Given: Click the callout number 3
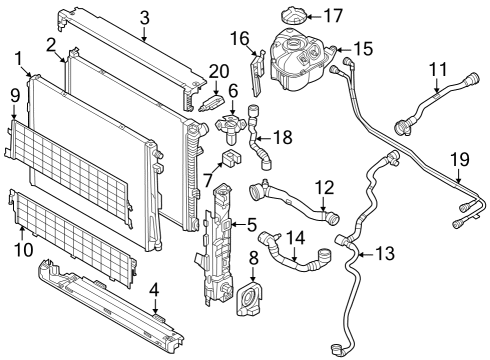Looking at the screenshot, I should pyautogui.click(x=145, y=16).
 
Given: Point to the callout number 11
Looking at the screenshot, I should pyautogui.click(x=437, y=69).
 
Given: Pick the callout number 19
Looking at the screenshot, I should pyautogui.click(x=459, y=158).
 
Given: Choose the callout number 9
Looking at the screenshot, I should pyautogui.click(x=14, y=95).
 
